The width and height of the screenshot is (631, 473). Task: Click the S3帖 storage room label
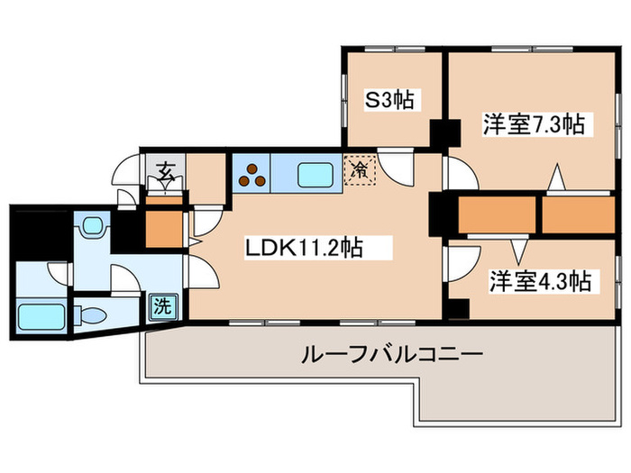389,100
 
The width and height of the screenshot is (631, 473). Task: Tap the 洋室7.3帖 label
534,124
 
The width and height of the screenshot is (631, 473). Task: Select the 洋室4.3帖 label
540,281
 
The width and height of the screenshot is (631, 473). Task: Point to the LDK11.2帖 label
305,248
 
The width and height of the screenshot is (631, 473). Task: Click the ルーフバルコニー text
391,354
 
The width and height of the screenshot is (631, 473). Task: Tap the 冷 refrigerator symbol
360,170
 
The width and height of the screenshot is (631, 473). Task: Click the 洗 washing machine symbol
163,307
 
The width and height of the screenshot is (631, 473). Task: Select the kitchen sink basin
315,175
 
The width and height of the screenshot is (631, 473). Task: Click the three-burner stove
251,175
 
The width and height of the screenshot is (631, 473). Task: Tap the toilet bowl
90,315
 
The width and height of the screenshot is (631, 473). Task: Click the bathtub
41,316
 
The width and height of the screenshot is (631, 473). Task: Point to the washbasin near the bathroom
94,224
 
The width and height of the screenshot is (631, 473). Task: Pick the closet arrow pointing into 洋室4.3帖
519,250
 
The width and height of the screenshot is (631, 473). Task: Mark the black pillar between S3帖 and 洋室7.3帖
445,133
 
